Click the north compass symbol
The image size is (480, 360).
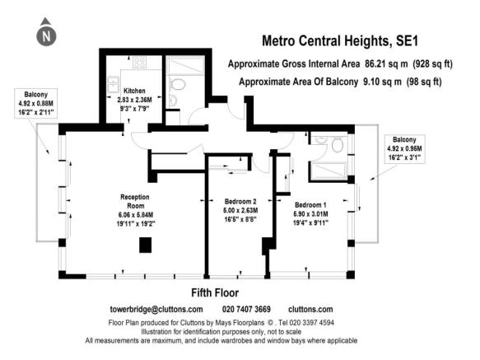(46, 32)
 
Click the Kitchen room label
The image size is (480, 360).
(134, 91)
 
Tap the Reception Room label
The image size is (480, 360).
(135, 201)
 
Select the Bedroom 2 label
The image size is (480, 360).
(240, 202)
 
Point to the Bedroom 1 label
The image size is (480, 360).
(310, 205)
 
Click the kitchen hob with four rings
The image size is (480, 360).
(139, 62)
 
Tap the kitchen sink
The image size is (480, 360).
(114, 84)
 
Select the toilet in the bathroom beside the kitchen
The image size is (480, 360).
(178, 84)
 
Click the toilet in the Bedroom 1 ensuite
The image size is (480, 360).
(337, 145)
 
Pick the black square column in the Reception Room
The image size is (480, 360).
(146, 245)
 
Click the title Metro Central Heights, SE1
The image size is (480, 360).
(340, 41)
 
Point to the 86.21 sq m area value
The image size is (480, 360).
(386, 63)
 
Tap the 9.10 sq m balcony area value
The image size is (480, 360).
(382, 82)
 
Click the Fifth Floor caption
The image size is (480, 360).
(215, 293)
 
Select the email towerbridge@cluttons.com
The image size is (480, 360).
(156, 310)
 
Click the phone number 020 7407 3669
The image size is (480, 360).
(246, 309)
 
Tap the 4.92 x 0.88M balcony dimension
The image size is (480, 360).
(36, 104)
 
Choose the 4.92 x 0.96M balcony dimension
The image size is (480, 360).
(404, 148)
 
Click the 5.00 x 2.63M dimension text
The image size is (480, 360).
(240, 211)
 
